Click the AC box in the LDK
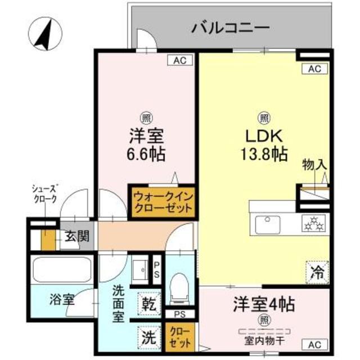(x=314, y=69)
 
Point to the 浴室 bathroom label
(x=62, y=299)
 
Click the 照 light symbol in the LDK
(x=263, y=118)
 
